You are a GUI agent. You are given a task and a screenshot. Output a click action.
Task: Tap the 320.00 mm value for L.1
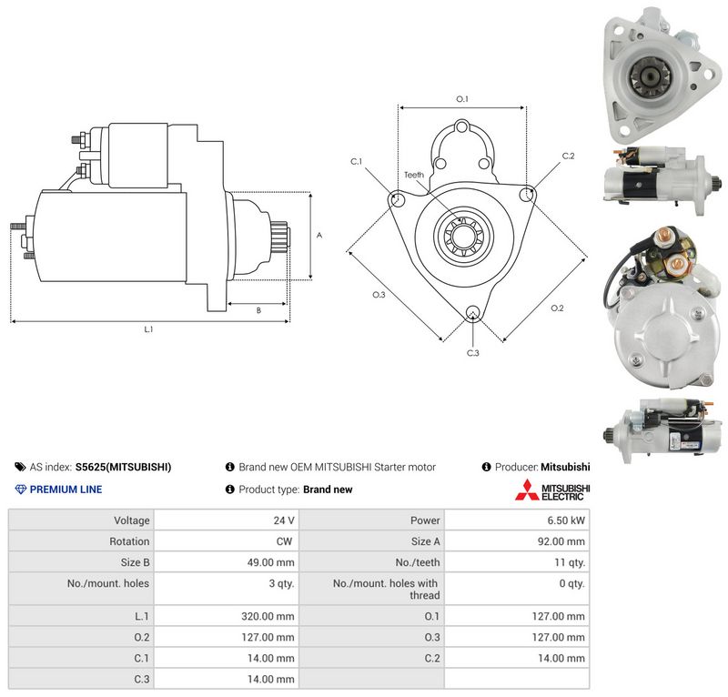(268, 616)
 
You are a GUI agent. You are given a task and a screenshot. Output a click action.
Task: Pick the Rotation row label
(129, 541)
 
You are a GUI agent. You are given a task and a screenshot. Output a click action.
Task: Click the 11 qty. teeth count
(570, 562)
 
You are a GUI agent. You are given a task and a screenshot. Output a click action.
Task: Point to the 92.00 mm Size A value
(561, 541)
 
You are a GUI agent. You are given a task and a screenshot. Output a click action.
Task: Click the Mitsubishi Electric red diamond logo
(527, 490)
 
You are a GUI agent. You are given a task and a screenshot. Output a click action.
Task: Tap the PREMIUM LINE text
(66, 490)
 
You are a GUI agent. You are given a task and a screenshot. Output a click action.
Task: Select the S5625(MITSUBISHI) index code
(123, 467)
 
